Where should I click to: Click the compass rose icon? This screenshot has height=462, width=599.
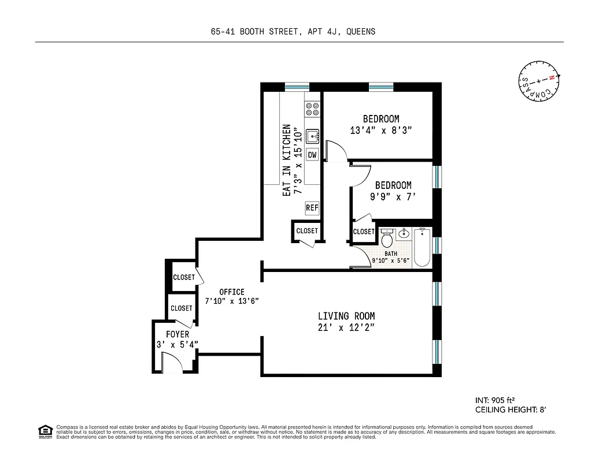(539, 81)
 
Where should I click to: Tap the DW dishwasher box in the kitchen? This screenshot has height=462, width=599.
(312, 155)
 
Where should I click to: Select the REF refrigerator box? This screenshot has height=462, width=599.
(312, 208)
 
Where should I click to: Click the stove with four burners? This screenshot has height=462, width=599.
(313, 110)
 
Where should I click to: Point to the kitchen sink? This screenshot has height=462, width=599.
(313, 137)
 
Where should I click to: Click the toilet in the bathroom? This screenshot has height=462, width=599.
(387, 237)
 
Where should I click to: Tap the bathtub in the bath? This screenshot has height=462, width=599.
(423, 247)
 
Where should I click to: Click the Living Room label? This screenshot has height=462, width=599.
(346, 316)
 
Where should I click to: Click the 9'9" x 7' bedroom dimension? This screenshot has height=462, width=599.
(393, 197)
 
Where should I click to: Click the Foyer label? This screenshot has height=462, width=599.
(178, 334)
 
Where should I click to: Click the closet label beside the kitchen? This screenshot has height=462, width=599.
(307, 231)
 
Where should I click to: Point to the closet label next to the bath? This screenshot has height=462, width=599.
(364, 232)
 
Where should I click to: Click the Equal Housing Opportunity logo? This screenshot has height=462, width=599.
(44, 431)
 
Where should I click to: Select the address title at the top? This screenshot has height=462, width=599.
(293, 32)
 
